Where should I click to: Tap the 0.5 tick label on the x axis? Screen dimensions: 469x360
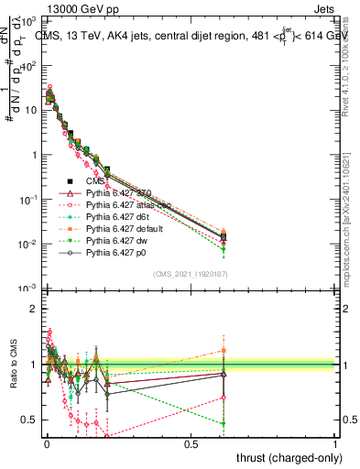[191, 443]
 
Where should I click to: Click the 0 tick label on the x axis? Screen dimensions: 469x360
[46, 443]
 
